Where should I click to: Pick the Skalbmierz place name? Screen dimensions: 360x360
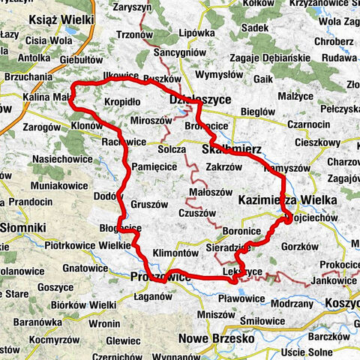tap(232, 150)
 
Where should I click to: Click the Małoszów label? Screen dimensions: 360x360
tap(211, 191)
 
